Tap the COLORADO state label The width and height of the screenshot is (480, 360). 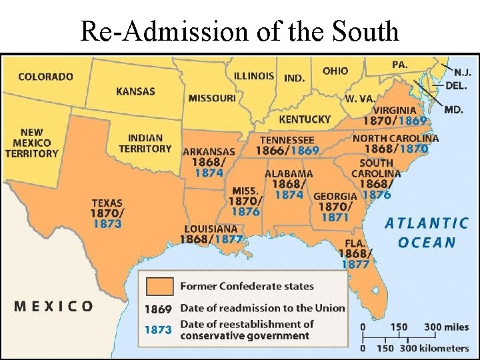(45, 76)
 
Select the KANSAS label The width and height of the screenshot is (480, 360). (135, 91)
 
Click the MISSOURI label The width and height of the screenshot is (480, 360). (211, 98)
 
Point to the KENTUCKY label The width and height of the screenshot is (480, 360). (304, 119)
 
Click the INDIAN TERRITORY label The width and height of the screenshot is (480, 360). (145, 143)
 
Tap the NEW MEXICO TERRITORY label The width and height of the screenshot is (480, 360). (31, 143)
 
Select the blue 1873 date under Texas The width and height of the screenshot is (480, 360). (107, 224)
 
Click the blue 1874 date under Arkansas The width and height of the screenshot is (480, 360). (209, 173)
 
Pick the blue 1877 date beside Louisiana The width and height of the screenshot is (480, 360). (228, 239)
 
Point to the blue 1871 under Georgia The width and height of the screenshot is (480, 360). (335, 217)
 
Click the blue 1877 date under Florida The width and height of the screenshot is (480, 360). (355, 265)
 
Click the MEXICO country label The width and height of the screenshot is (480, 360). (54, 306)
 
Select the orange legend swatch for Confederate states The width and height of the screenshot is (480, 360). (159, 286)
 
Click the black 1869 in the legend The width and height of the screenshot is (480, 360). (158, 309)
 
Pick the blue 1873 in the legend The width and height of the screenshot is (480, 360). (158, 329)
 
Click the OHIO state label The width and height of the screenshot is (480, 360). (335, 71)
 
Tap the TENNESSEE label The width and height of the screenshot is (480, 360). (287, 140)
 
